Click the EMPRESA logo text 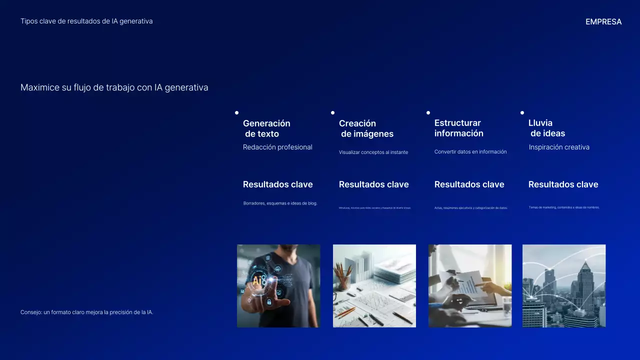click(x=603, y=22)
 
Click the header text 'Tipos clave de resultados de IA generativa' click(x=86, y=21)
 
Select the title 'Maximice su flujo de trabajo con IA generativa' click(x=114, y=87)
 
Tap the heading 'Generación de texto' click(x=266, y=128)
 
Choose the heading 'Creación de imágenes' click(x=366, y=128)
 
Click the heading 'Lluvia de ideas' click(x=546, y=128)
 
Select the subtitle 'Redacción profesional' click(x=277, y=147)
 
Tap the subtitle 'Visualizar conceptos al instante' click(x=373, y=152)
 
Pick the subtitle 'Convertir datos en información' click(x=470, y=152)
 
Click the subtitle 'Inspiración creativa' click(x=559, y=147)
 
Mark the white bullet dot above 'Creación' click(x=332, y=113)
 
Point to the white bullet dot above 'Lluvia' click(x=522, y=113)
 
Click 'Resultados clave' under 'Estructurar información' click(x=469, y=184)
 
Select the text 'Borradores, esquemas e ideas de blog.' click(x=280, y=203)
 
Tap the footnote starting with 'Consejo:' click(x=86, y=312)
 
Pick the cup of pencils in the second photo click(x=343, y=277)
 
